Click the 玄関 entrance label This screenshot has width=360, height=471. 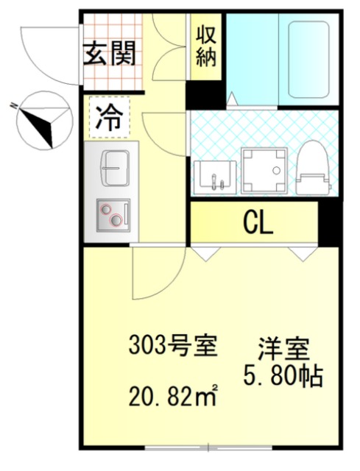click(110, 54)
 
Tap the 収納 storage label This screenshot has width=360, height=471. click(206, 47)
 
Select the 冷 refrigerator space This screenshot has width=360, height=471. click(110, 118)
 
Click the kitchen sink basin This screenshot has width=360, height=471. click(114, 169)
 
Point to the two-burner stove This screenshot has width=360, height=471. click(113, 215)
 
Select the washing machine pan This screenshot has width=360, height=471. click(264, 171)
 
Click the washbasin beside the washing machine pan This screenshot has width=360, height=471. click(214, 177)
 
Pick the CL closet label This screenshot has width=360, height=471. click(258, 223)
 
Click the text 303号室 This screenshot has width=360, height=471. click(172, 346)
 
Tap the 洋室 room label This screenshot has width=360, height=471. click(283, 350)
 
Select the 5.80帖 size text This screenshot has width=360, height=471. click(283, 376)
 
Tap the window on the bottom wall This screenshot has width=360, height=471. click(208, 447)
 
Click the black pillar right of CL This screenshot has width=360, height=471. click(330, 222)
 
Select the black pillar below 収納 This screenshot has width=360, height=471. click(206, 95)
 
